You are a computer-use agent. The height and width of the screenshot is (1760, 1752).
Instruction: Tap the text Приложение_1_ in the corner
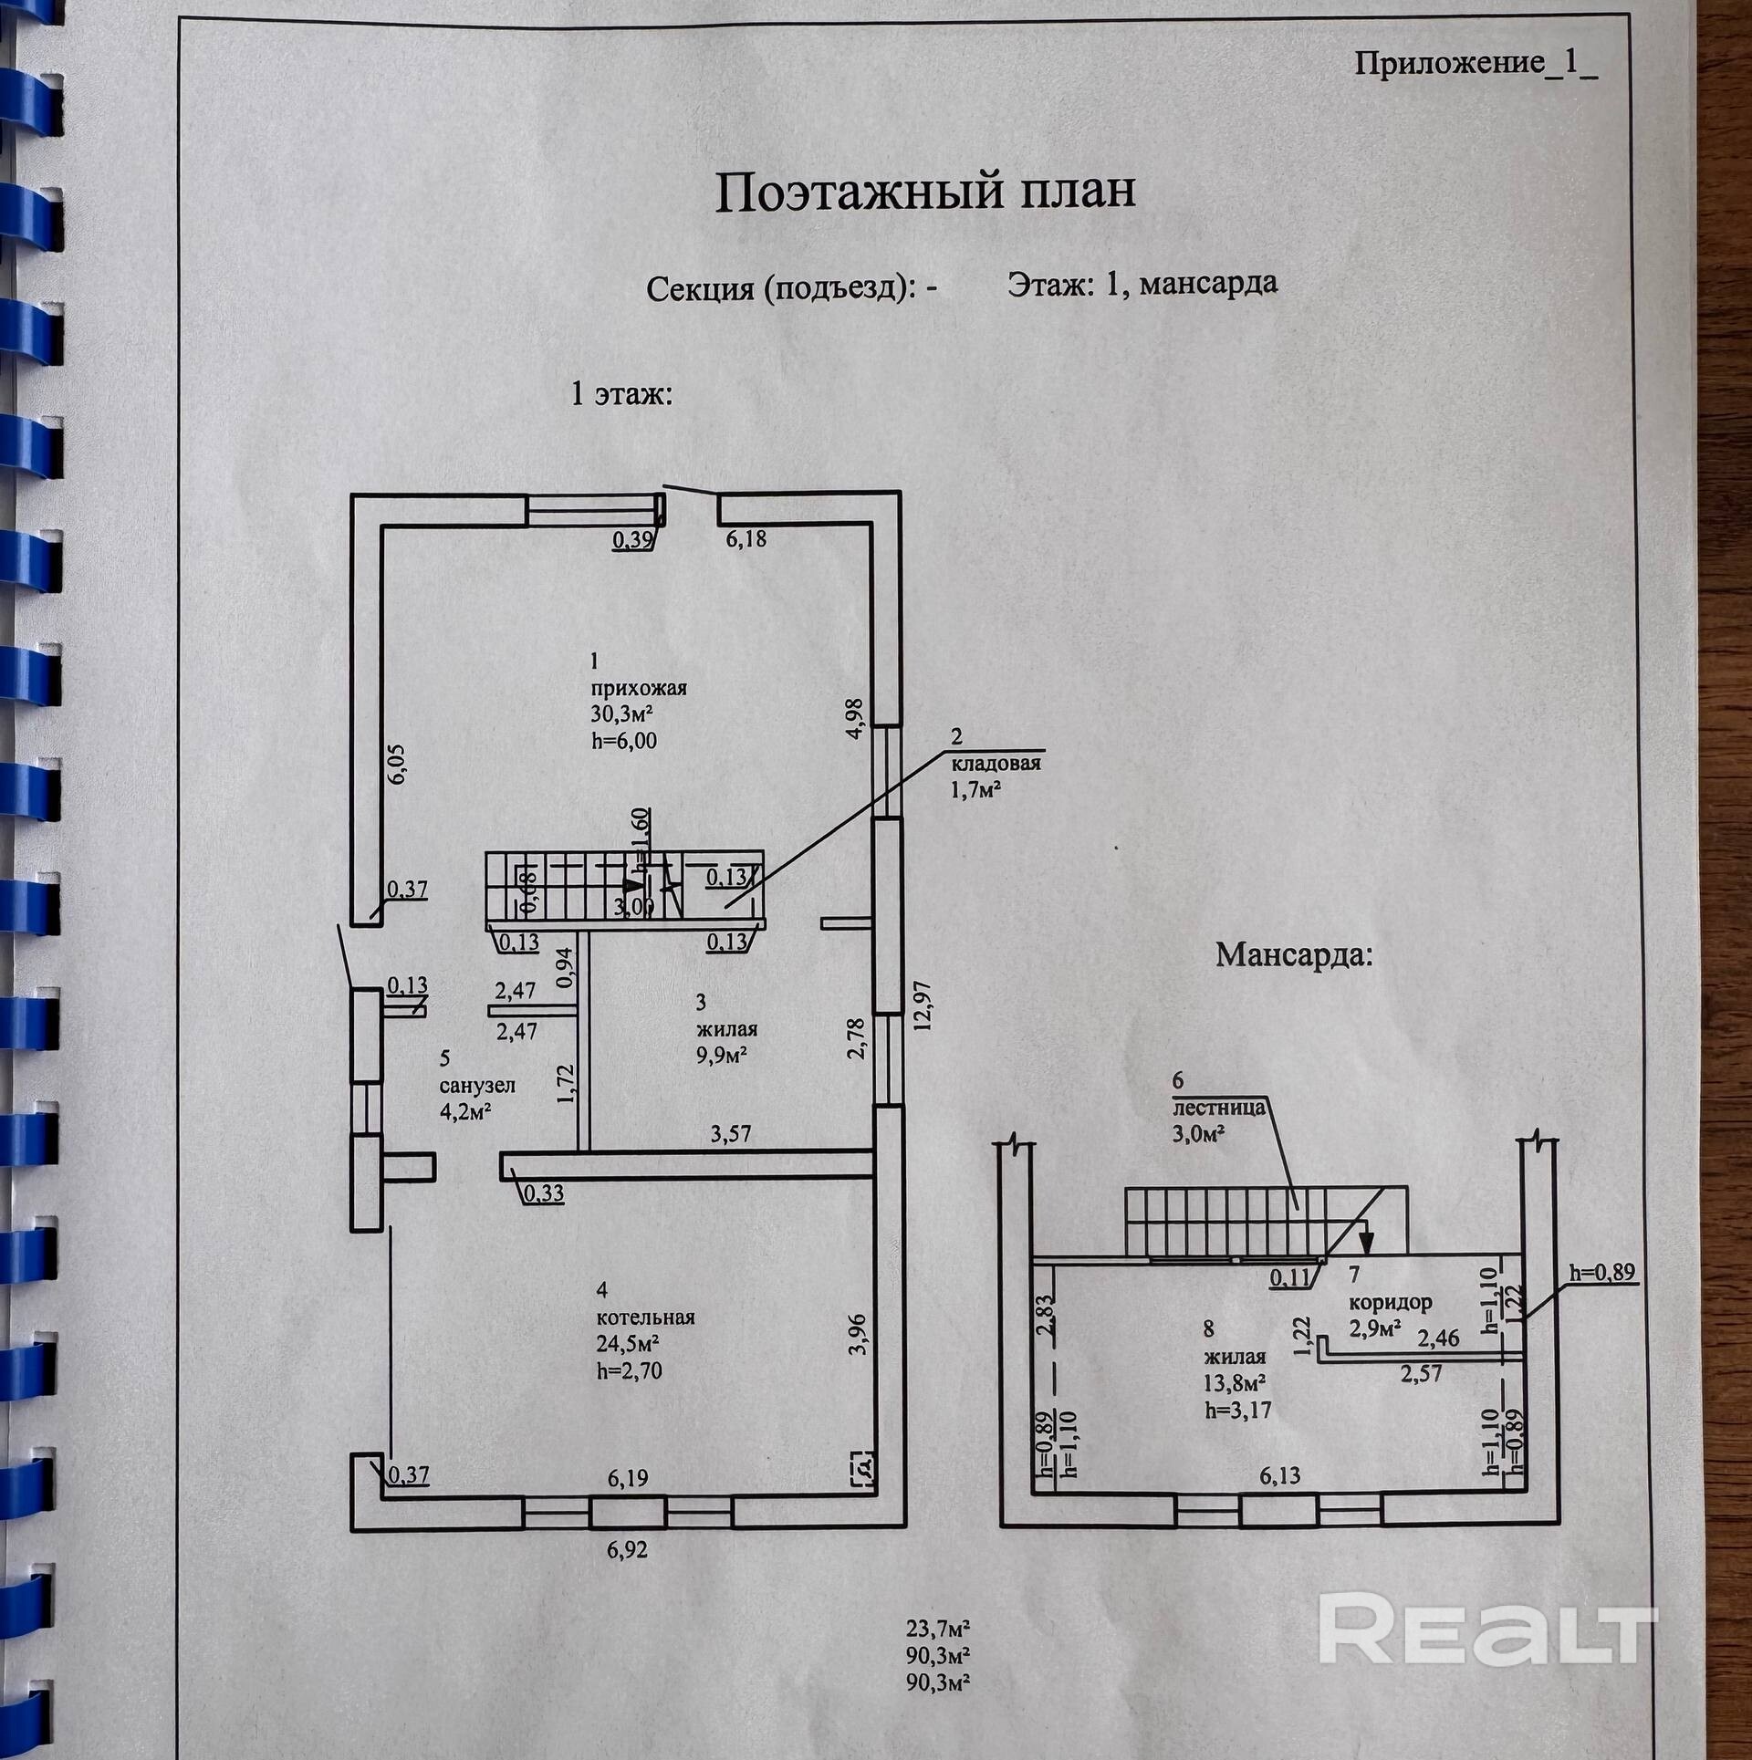coord(1476,65)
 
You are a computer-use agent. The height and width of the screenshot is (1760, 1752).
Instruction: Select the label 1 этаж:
coord(621,394)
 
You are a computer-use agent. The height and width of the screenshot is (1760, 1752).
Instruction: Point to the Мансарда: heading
coord(1294,955)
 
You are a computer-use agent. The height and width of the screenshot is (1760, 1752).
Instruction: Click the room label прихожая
coord(638,688)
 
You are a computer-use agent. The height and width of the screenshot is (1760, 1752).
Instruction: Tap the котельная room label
coord(645,1317)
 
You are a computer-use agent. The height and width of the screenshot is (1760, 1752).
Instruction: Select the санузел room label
coord(477,1086)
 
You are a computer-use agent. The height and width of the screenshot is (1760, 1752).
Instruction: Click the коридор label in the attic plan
coord(1390,1302)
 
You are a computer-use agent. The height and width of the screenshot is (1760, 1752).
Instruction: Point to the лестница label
coord(1218,1108)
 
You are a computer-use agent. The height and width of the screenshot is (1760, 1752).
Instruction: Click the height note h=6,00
coord(624,740)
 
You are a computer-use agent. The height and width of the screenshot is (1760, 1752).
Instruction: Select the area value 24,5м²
coord(628,1344)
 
